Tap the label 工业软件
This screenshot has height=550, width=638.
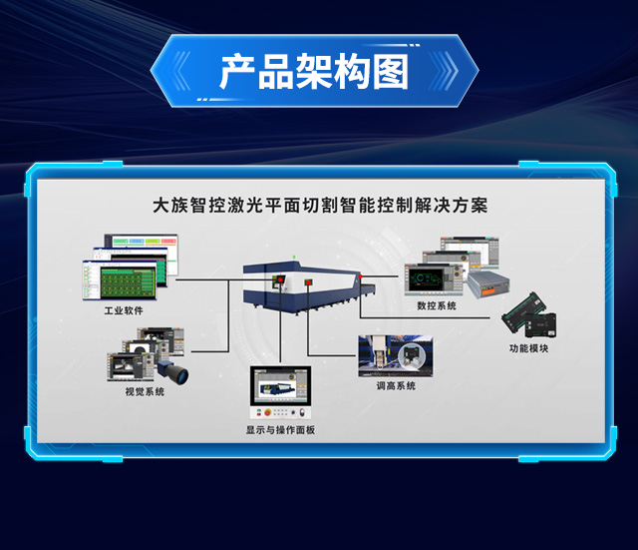(124, 310)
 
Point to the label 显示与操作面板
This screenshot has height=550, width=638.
(280, 430)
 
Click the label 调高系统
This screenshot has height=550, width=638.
(396, 385)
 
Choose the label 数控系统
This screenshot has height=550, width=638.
(437, 305)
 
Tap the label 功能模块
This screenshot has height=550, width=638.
(528, 348)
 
